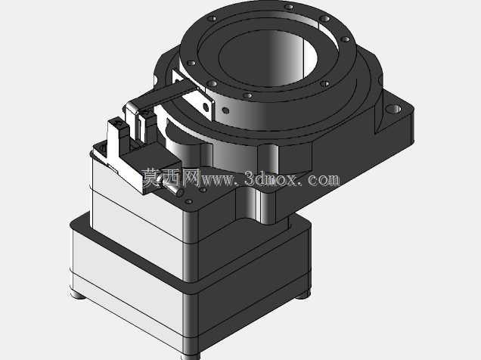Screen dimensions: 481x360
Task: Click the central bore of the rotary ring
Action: click(x=268, y=58)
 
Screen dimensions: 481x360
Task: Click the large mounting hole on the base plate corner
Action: click(x=394, y=109)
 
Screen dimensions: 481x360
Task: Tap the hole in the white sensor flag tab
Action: click(x=206, y=107)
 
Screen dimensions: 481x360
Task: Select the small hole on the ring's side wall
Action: click(x=225, y=110)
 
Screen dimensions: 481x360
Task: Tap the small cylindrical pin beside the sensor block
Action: click(x=175, y=190)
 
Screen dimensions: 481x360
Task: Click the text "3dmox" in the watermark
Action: click(x=271, y=178)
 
